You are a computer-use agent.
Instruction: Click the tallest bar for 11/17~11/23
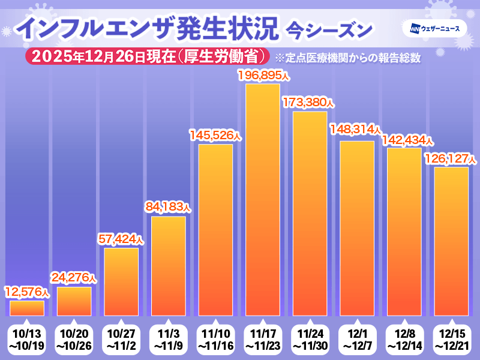point(263,200)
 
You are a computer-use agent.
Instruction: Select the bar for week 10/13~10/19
point(27,308)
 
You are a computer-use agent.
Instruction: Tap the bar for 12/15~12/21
point(451,241)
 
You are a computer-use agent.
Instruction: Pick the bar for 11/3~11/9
point(169,266)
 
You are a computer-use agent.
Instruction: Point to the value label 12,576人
point(26,292)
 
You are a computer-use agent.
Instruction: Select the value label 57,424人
point(121,239)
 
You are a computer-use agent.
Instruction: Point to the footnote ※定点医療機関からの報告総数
point(346,58)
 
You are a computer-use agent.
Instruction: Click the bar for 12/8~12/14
point(404,232)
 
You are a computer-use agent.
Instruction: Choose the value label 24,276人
point(74,278)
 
